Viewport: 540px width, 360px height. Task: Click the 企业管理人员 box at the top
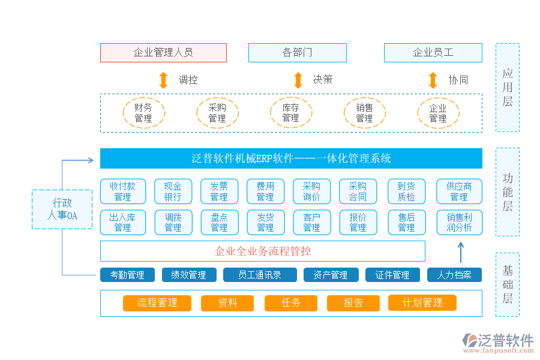tap(163, 53)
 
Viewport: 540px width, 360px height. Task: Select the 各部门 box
tap(297, 53)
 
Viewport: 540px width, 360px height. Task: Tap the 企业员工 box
tap(433, 53)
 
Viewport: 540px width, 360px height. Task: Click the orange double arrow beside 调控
tap(163, 80)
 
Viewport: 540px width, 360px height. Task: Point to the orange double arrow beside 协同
tap(433, 80)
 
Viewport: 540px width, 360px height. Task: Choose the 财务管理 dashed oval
tap(143, 113)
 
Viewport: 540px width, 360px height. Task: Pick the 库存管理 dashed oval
tap(290, 113)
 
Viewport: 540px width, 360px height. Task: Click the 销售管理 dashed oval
tap(364, 113)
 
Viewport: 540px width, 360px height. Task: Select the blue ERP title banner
tap(291, 158)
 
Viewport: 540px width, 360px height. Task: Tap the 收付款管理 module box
tap(122, 191)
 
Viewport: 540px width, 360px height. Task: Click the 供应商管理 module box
tap(459, 191)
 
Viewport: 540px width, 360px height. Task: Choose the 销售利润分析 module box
tap(459, 222)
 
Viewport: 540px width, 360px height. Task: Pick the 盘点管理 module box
tap(219, 222)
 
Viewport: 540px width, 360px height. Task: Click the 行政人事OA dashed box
tap(62, 209)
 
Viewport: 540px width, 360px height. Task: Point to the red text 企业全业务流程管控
tap(263, 251)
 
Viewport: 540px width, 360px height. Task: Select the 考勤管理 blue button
tap(127, 275)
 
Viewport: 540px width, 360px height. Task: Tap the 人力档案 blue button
tap(454, 275)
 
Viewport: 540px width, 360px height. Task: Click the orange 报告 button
tap(353, 303)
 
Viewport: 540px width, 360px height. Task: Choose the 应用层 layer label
tap(507, 88)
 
